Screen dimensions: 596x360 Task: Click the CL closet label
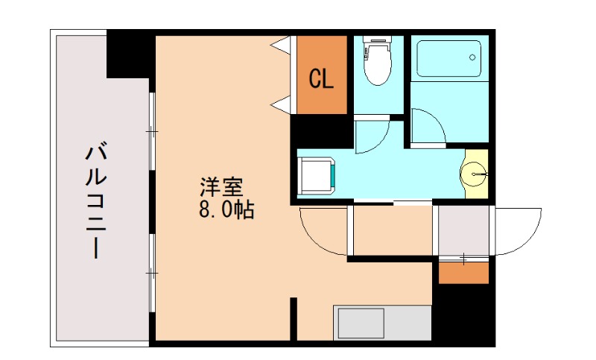[321, 79]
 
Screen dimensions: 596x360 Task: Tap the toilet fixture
[377, 60]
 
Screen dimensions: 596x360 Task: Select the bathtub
[448, 59]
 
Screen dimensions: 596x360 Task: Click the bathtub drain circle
[472, 57]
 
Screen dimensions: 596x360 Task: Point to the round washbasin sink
[474, 174]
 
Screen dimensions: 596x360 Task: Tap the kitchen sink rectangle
[361, 323]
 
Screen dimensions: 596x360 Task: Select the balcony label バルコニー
[96, 200]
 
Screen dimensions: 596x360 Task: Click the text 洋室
[222, 186]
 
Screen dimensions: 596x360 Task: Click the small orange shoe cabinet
[463, 273]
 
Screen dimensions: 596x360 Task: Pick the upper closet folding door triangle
[282, 45]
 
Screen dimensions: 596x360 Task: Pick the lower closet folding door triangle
[282, 104]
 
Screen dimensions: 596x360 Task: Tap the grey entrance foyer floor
[463, 231]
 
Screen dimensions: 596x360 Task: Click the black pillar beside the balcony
[127, 54]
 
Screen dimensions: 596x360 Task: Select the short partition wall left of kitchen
[294, 319]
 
